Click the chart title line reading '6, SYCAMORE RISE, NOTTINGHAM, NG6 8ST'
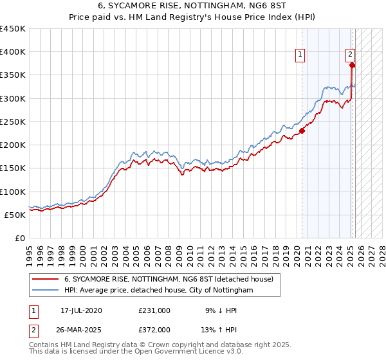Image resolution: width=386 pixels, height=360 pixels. coord(193,6)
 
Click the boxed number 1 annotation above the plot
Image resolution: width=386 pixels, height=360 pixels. coord(300,55)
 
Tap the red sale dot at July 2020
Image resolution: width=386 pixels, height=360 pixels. coord(302,130)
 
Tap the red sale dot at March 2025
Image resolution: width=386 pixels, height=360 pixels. coord(352,65)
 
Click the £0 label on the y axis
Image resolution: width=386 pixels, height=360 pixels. coord(20,238)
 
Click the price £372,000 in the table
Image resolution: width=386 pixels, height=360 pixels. coord(154,330)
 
